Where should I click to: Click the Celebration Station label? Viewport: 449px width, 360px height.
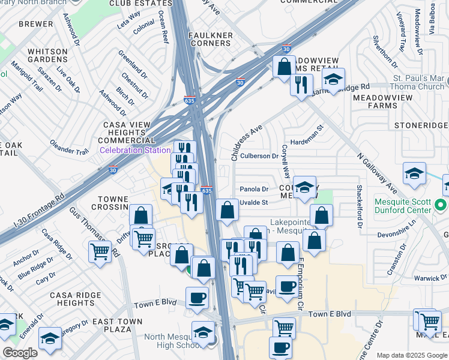pos(135,150)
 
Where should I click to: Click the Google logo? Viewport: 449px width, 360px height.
pos(20,352)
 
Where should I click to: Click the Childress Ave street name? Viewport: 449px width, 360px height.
pos(247,143)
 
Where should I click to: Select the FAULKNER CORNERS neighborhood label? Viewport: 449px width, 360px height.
pos(211,40)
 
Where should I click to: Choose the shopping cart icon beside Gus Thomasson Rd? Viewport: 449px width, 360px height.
pos(100,252)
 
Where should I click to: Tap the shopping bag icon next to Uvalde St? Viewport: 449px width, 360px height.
pos(227,211)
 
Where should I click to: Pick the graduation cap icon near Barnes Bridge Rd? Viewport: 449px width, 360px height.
pos(333,79)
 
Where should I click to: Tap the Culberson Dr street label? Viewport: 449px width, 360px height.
pos(259,156)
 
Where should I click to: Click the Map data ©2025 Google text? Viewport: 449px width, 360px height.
pos(411,355)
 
